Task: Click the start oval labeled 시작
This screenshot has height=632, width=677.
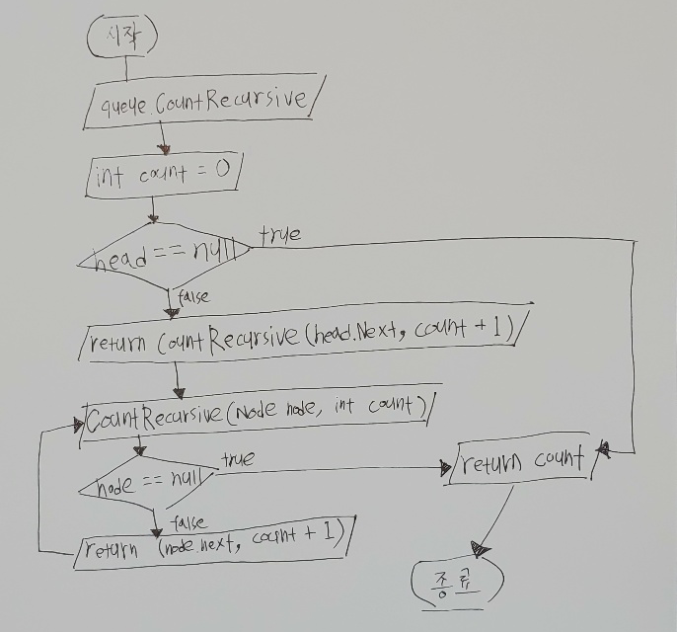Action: (122, 38)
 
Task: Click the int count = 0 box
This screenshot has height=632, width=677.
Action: (164, 175)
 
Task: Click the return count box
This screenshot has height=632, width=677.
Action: (522, 458)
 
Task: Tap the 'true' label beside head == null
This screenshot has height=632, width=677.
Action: (280, 233)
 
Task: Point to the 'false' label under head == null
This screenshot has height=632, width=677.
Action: (193, 295)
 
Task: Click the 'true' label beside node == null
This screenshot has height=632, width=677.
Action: (238, 458)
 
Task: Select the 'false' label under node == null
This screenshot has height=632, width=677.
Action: (188, 520)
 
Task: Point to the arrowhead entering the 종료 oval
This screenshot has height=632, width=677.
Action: (481, 547)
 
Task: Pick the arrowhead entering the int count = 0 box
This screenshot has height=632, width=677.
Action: (154, 151)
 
